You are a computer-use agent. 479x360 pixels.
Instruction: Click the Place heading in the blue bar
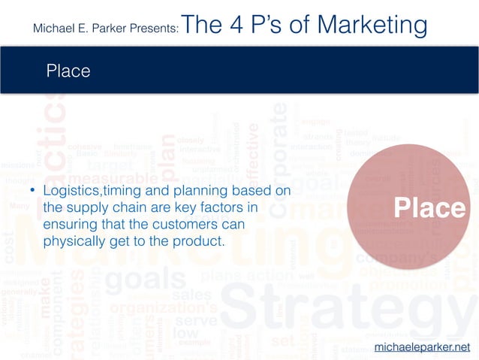click(x=68, y=71)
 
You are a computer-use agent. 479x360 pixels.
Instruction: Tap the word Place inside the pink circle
click(x=430, y=208)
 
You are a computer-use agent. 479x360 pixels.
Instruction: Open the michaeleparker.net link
click(x=426, y=346)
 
